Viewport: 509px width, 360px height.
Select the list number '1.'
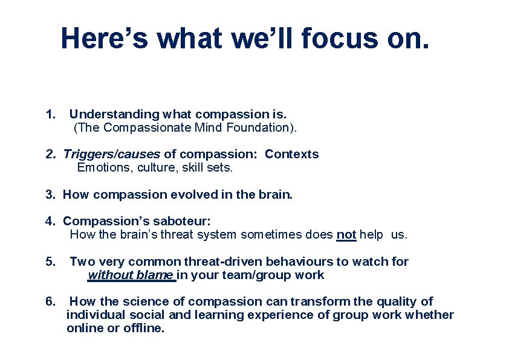(x=51, y=114)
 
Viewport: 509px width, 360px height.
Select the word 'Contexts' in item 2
(x=291, y=154)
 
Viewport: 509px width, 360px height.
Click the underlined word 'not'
(x=346, y=234)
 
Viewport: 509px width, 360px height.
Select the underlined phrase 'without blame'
(x=131, y=275)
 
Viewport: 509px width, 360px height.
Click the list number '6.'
(x=51, y=301)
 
